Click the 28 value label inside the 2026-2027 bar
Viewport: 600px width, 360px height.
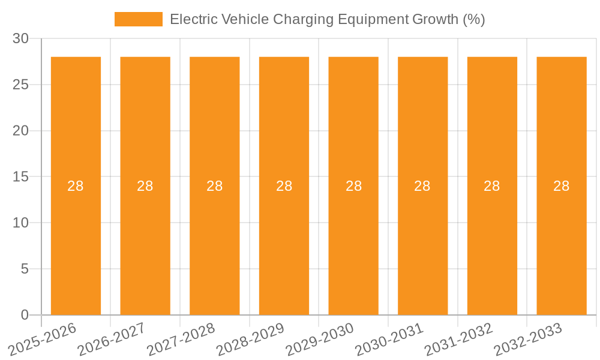coord(145,186)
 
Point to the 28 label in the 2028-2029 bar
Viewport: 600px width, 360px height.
coord(284,186)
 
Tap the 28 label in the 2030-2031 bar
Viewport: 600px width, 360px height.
coord(422,186)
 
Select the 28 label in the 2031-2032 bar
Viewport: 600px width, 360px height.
coord(492,186)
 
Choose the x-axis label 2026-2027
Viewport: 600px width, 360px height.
coord(112,340)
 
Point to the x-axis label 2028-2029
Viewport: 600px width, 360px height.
coord(250,340)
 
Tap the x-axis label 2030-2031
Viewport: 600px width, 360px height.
coord(389,340)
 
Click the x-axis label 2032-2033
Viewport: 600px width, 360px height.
coord(528,340)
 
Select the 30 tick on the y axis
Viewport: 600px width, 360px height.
coord(20,38)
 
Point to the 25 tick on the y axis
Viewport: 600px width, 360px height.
coord(20,85)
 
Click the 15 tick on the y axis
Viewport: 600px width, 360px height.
coord(20,177)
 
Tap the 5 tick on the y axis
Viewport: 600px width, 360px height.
coord(25,269)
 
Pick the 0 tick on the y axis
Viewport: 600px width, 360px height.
coord(25,315)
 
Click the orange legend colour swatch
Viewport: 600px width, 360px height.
coord(139,19)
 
